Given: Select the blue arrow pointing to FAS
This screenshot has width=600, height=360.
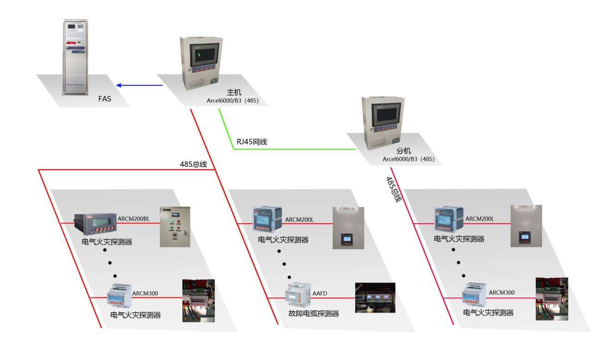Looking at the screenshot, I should [x=139, y=85].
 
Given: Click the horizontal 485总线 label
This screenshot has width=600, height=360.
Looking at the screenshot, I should [x=193, y=164].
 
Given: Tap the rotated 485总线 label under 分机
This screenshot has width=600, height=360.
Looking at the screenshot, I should [x=393, y=189].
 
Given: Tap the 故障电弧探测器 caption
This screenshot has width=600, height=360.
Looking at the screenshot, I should [x=313, y=314].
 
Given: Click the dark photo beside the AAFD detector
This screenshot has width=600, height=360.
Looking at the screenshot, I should [x=375, y=297].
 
